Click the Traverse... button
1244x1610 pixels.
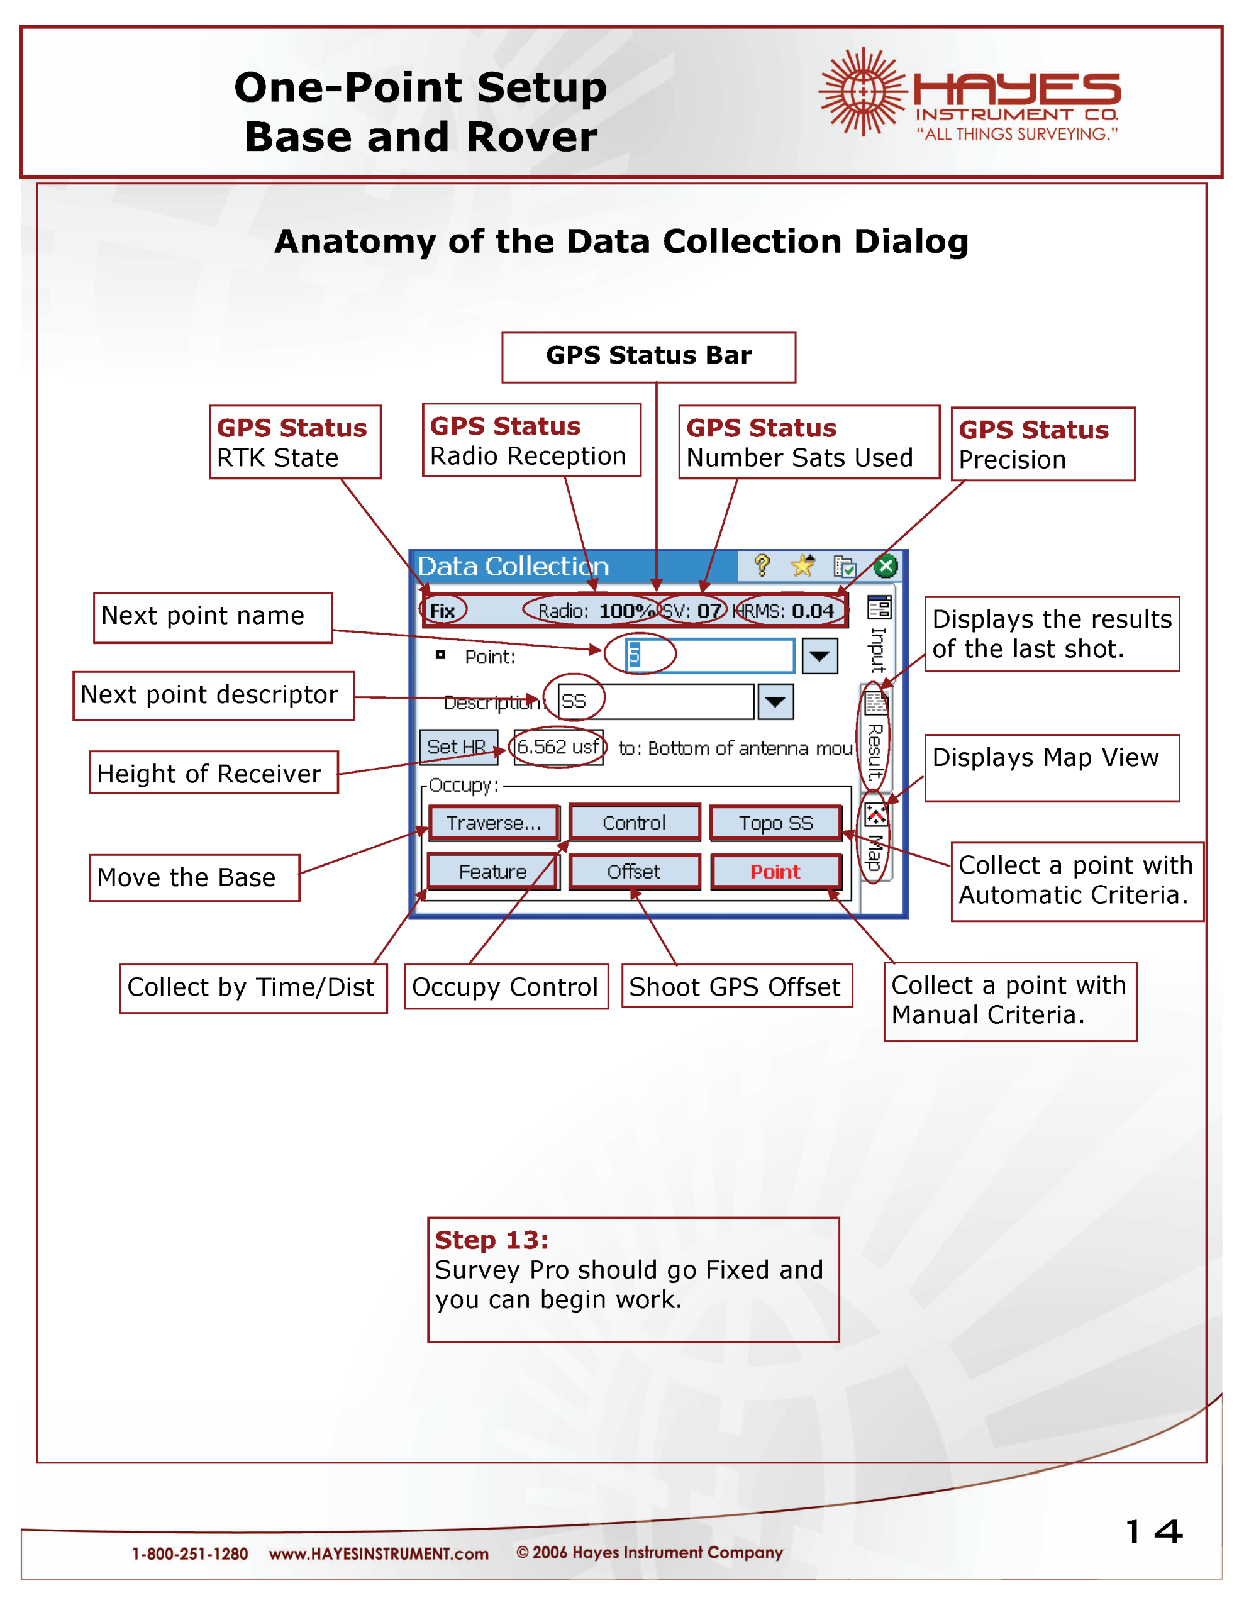tap(493, 823)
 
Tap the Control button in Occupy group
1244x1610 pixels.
tap(634, 823)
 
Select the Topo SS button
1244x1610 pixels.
tap(775, 823)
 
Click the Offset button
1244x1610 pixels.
tap(634, 871)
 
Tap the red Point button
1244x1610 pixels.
tap(775, 871)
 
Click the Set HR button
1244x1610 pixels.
tap(457, 747)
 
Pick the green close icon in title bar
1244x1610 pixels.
tap(885, 566)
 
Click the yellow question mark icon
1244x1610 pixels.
tap(762, 565)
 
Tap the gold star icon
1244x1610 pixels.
tap(802, 565)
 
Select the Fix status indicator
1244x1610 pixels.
tap(442, 611)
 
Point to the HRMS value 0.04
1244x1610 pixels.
tap(813, 611)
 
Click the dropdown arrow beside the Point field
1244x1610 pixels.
tap(819, 655)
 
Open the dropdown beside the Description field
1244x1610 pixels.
tap(775, 701)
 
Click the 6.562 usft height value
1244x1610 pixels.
tap(558, 747)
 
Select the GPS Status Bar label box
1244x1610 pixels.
tap(648, 357)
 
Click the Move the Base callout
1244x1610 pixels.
tap(194, 877)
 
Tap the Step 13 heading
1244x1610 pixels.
tap(491, 1240)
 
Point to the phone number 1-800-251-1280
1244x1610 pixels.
tap(189, 1553)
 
